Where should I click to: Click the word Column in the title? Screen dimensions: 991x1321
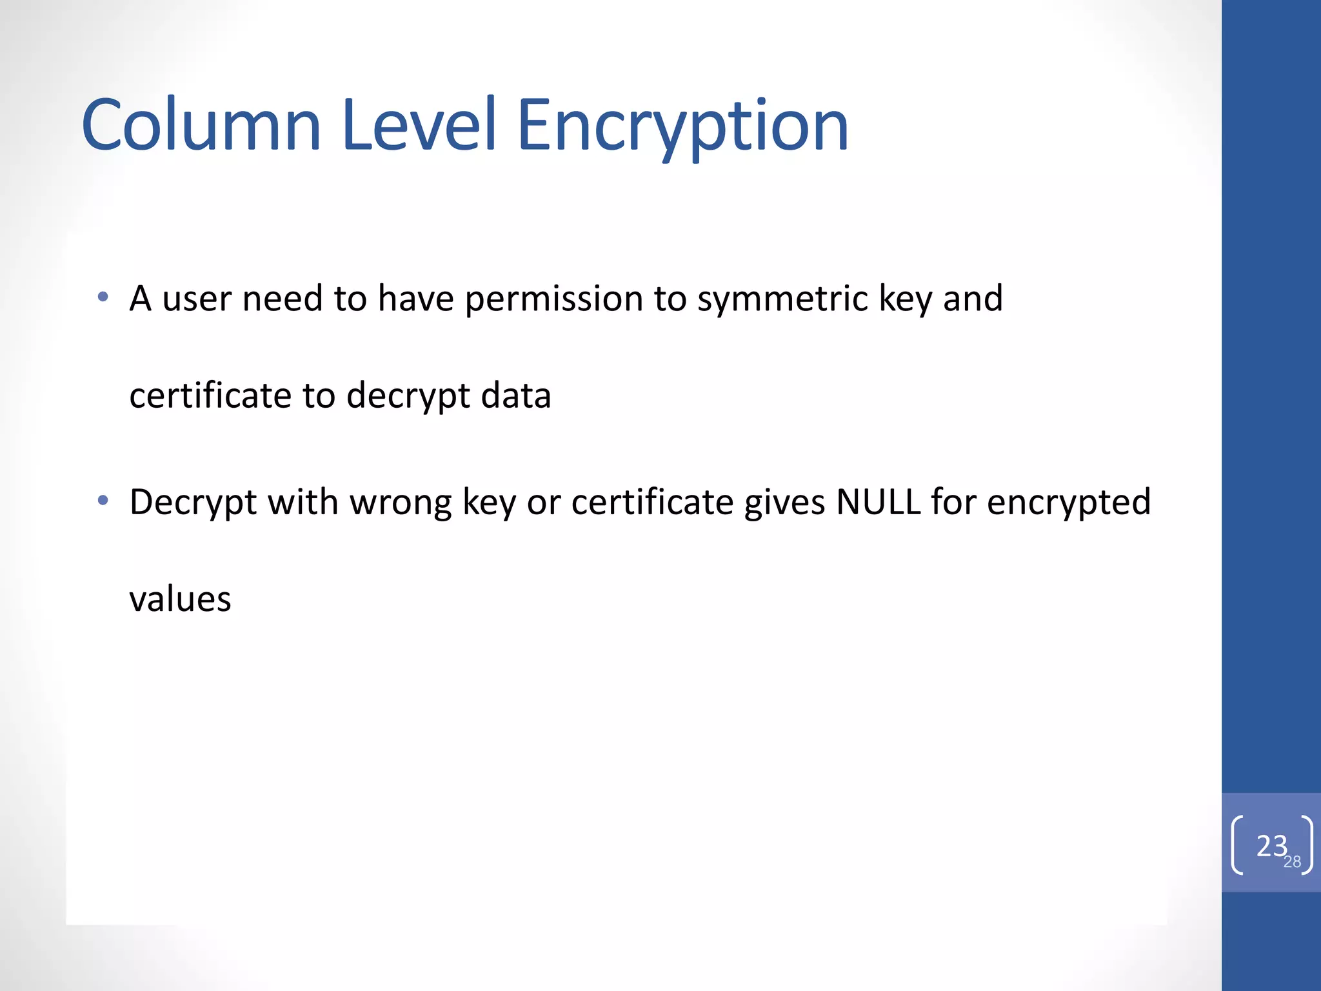201,125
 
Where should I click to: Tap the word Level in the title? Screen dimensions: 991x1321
419,125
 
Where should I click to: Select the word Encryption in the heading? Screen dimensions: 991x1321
682,126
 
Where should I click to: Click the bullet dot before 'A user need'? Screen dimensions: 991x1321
103,297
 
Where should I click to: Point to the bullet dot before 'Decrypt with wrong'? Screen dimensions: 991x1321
103,500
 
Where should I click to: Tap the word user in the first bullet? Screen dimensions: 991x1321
197,299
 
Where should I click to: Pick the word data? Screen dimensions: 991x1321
516,395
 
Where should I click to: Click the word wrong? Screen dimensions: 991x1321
401,503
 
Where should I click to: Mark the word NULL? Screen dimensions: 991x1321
878,501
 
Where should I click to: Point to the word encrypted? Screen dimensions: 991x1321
1069,503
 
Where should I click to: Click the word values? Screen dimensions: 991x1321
180,599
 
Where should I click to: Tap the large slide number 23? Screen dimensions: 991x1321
1271,846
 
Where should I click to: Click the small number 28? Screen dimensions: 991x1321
1292,862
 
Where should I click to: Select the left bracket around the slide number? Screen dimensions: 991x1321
1237,845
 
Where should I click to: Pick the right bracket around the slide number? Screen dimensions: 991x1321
1307,845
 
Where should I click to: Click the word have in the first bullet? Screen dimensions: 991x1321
416,299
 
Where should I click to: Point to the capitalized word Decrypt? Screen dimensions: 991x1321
193,503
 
